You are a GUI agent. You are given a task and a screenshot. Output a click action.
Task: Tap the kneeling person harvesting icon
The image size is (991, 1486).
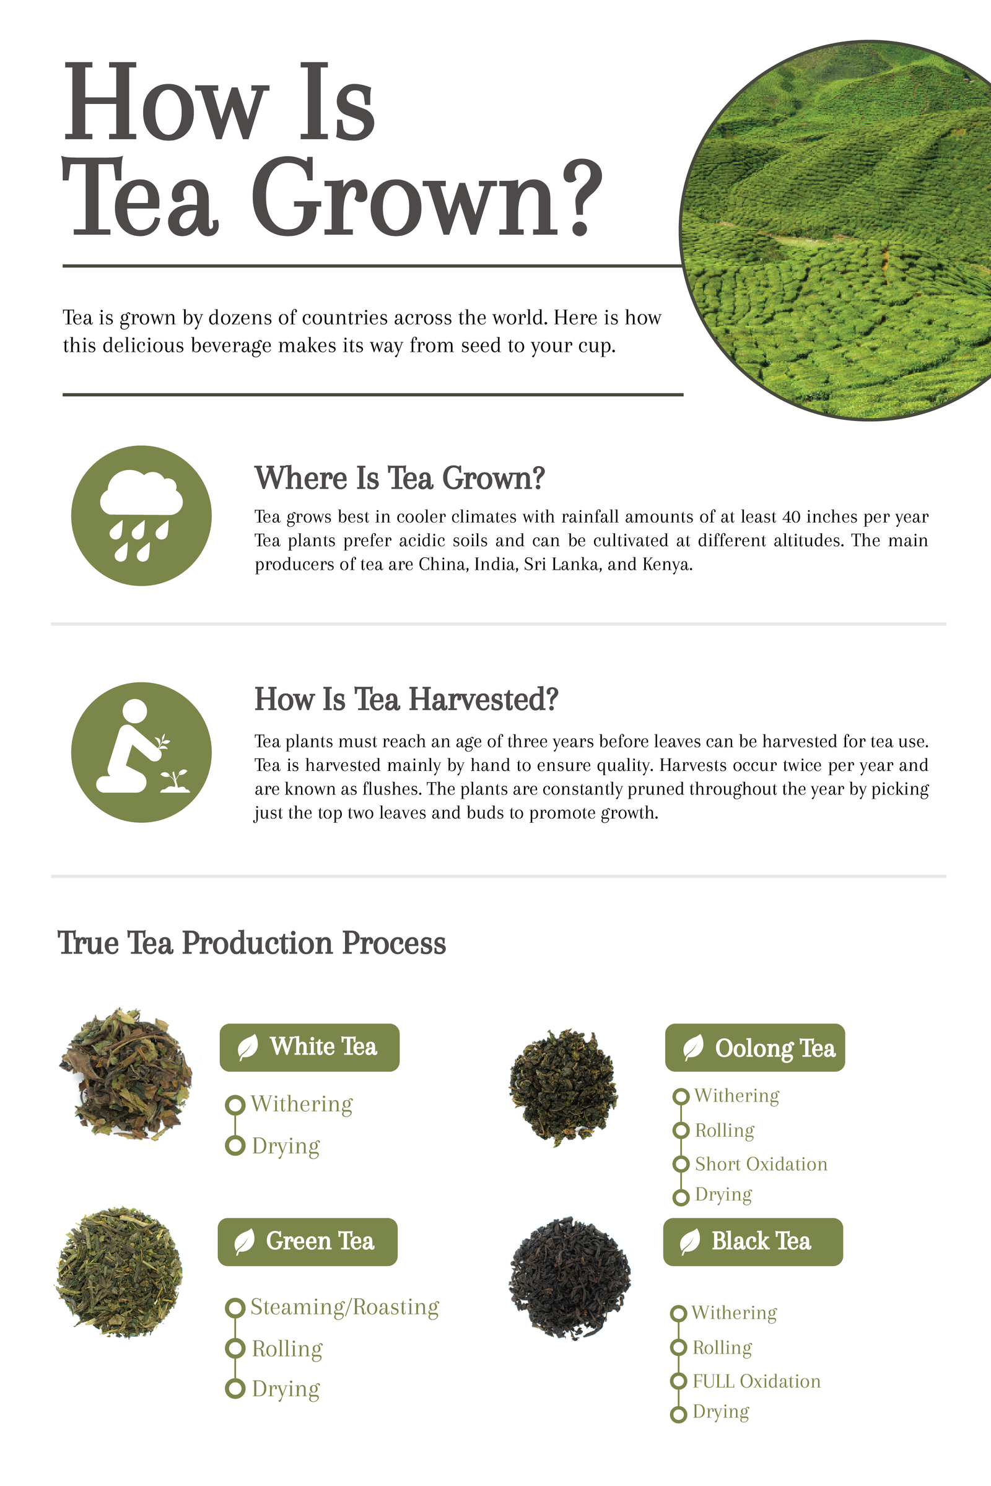pyautogui.click(x=141, y=752)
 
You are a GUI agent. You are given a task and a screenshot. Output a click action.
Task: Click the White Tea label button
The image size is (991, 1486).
pyautogui.click(x=309, y=1047)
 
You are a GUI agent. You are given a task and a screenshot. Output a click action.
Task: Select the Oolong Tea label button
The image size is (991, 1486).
pyautogui.click(x=754, y=1048)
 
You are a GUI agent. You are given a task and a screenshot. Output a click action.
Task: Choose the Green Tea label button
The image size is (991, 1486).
pyautogui.click(x=307, y=1241)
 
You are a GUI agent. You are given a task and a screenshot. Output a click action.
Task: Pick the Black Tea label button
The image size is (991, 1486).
pyautogui.click(x=753, y=1241)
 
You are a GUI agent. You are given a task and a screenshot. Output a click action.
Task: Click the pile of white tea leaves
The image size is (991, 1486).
pyautogui.click(x=126, y=1075)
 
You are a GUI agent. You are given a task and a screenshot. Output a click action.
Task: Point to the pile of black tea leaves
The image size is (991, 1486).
pyautogui.click(x=569, y=1277)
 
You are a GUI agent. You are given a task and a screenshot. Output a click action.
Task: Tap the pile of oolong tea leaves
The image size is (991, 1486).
pyautogui.click(x=563, y=1087)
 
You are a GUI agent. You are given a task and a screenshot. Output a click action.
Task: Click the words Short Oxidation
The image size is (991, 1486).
pyautogui.click(x=761, y=1164)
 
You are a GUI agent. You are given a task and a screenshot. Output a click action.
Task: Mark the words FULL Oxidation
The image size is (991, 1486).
pyautogui.click(x=756, y=1381)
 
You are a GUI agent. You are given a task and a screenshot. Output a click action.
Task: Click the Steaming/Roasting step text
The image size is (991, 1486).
pyautogui.click(x=344, y=1306)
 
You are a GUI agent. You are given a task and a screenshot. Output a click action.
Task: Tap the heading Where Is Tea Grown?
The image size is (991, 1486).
pyautogui.click(x=399, y=478)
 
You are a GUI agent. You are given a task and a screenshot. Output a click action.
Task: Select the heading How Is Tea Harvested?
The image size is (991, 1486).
pyautogui.click(x=406, y=700)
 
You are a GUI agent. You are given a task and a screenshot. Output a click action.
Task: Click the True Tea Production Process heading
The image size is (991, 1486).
pyautogui.click(x=251, y=942)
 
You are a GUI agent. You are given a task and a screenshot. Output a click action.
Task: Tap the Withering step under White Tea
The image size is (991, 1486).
pyautogui.click(x=302, y=1104)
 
